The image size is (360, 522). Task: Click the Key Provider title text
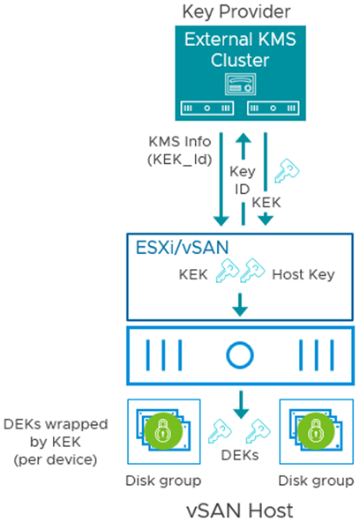point(236,11)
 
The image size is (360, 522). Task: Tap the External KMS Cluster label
point(240,49)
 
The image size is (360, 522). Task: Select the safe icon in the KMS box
point(241,84)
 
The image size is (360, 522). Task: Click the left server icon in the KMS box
point(207,108)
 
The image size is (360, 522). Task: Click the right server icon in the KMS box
point(273,108)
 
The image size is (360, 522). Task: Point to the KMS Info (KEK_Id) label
point(180,151)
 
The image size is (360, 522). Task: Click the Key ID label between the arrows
point(242,180)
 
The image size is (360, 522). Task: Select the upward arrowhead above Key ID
point(244,138)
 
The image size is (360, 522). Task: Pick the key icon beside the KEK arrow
point(287,170)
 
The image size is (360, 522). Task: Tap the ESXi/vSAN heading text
point(182,248)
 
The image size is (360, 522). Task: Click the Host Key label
point(304,274)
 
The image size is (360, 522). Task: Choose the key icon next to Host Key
point(252,271)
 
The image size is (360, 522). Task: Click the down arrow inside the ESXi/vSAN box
point(240,304)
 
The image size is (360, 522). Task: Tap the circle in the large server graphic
point(240,355)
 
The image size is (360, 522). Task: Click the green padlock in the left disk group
point(163,431)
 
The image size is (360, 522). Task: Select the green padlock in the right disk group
point(316,431)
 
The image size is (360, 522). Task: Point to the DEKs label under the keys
point(240,455)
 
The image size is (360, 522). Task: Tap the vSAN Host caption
point(240,511)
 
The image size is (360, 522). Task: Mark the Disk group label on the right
point(316,481)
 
